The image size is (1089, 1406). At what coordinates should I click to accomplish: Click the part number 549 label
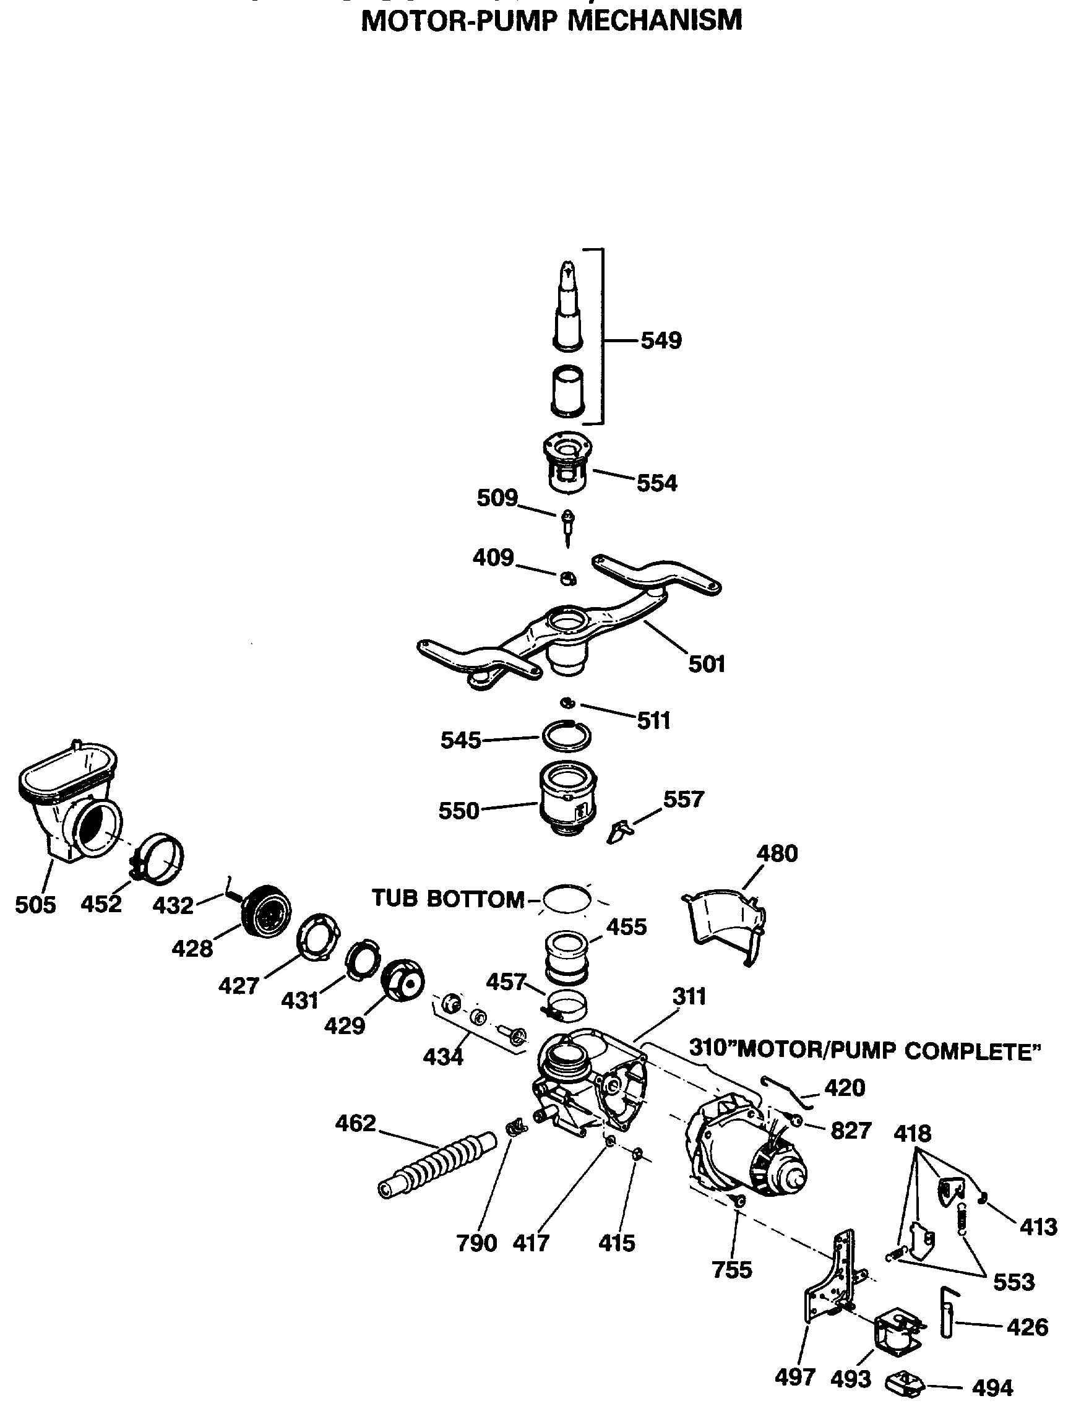coord(660,340)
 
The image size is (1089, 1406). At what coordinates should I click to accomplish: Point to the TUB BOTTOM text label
coord(448,899)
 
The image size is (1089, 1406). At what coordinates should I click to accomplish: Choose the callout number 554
coord(656,483)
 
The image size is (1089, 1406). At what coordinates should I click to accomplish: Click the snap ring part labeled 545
coord(566,735)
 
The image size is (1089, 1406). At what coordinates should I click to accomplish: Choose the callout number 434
coord(443,1056)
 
